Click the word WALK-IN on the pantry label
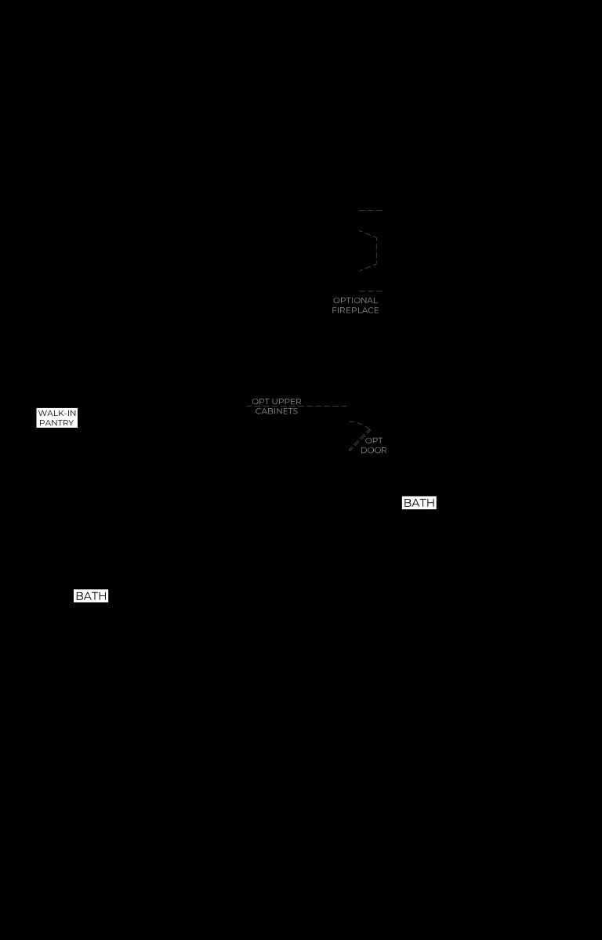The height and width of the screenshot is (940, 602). point(57,414)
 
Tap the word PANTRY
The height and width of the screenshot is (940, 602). point(56,422)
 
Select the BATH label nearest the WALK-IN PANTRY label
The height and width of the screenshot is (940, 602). point(91,596)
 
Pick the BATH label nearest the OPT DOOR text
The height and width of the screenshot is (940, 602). point(419,503)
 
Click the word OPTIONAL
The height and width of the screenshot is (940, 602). point(355,301)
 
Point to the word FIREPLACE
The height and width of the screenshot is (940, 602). point(355,310)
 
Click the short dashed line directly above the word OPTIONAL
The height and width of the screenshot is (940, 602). point(371,291)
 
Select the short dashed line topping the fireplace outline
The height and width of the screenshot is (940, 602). point(371,210)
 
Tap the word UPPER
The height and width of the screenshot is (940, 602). point(286,402)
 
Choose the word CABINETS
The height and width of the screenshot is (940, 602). point(277,411)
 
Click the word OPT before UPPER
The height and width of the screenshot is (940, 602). point(260,402)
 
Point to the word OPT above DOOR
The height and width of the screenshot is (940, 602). point(374,440)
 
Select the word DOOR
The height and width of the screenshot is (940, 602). point(374,450)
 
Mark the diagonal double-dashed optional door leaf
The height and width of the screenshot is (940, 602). point(358,441)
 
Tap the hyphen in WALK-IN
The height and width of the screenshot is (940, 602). point(64,414)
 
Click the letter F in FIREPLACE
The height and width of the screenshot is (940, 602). point(334,310)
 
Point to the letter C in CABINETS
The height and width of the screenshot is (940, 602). point(258,411)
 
